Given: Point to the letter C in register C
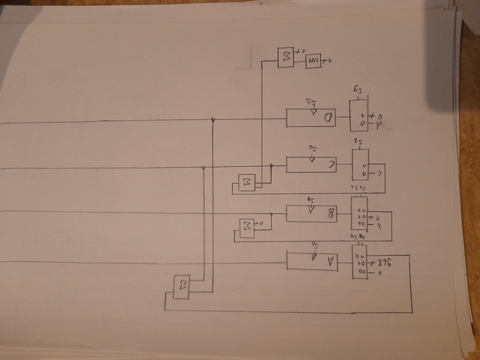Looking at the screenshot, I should point(330,164).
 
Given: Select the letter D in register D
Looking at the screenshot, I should point(329,118).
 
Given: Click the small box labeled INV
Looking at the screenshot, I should point(313,61).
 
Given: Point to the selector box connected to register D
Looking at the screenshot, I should point(359,115).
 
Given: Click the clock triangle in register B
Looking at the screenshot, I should point(310,209).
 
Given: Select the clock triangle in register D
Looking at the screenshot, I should point(311,112).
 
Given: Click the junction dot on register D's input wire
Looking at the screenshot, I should point(213,121).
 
